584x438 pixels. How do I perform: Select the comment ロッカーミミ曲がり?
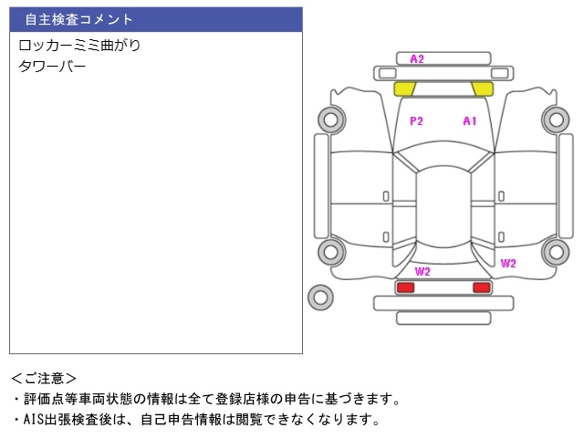[79, 45]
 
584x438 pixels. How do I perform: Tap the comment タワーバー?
[52, 66]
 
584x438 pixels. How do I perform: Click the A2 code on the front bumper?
[417, 59]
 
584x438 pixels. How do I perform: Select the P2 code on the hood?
[416, 120]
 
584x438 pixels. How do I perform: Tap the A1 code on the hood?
[470, 120]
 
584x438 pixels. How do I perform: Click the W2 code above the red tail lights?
[422, 272]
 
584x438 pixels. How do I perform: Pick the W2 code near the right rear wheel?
[508, 264]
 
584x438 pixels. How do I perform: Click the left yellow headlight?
[404, 89]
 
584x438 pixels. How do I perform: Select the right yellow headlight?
[482, 89]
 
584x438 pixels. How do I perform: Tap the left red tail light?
[405, 287]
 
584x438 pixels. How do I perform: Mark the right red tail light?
[481, 287]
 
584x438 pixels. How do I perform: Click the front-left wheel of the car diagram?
[328, 119]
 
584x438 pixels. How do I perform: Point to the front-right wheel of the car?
[556, 119]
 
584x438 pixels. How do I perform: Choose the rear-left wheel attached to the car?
[328, 252]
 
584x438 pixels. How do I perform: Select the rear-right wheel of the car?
[556, 252]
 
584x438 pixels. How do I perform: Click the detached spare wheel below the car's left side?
[320, 297]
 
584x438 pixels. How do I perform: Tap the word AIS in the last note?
[33, 420]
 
